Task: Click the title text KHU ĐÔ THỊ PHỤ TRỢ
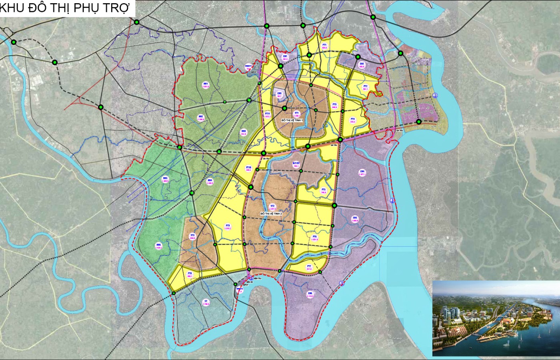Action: (66, 9)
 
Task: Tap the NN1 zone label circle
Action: (206, 84)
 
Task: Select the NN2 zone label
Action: (201, 118)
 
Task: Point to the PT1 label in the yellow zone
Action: (324, 46)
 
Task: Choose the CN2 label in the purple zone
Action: (362, 65)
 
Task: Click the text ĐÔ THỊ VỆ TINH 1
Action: (293, 120)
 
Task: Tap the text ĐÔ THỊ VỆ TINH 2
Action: (271, 214)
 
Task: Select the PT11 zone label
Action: (268, 115)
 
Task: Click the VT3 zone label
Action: (192, 236)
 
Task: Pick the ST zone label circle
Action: (206, 302)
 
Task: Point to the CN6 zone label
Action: (310, 295)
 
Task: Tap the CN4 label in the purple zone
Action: (362, 173)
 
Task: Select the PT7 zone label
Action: (309, 268)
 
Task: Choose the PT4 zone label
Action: (352, 120)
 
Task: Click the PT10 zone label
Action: (248, 169)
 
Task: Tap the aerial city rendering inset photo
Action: (496, 318)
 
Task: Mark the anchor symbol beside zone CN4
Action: (392, 200)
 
